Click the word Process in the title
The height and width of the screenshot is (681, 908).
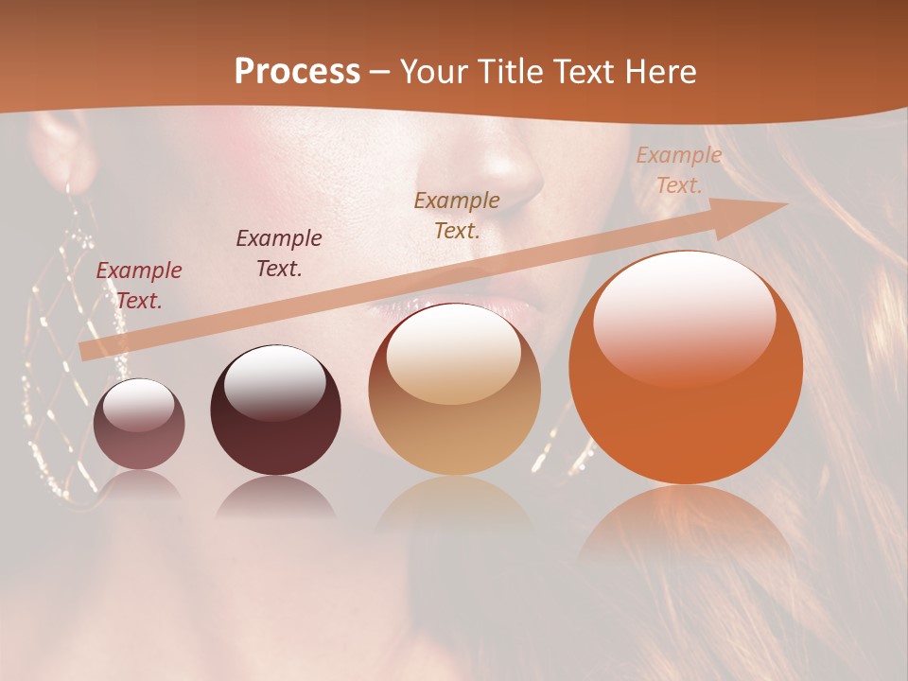point(297,72)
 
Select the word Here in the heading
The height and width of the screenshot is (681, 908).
point(660,72)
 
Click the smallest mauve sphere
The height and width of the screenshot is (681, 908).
point(139,425)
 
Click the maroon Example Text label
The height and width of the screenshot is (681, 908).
point(139,286)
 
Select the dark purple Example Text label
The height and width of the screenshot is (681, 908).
point(279,253)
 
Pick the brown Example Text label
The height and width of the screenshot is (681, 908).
point(457,215)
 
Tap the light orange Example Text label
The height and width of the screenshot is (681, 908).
point(678,170)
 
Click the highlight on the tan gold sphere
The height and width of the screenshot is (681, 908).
point(454,352)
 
